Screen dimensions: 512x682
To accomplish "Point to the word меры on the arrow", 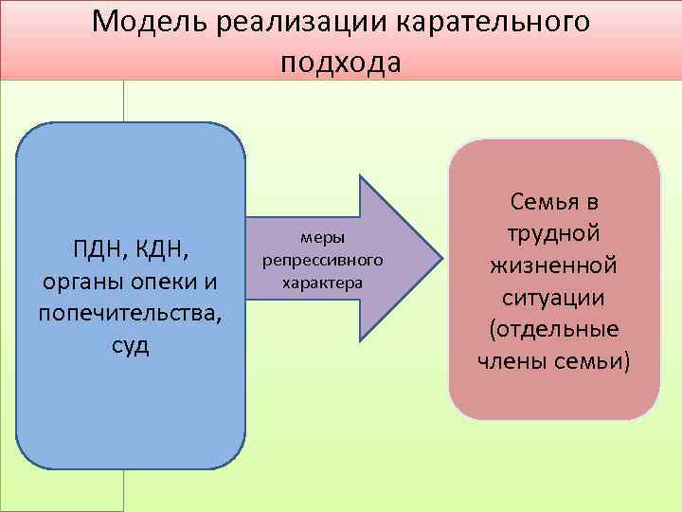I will tap(322, 239).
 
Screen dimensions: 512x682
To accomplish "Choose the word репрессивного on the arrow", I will tap(322, 260).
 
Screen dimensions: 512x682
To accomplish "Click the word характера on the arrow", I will tap(322, 281).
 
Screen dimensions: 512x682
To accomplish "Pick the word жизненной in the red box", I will tap(554, 265).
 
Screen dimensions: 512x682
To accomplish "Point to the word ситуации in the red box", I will tap(554, 297).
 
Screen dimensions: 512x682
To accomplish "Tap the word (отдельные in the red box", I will tap(554, 329).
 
